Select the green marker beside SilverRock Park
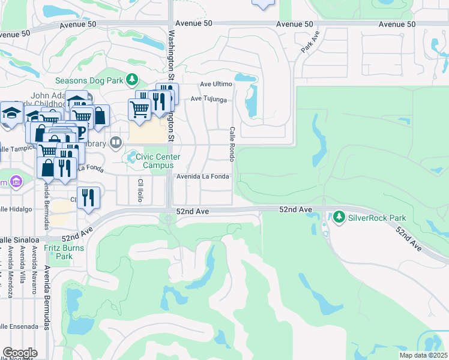point(340,216)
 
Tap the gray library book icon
point(116,143)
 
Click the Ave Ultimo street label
point(216,83)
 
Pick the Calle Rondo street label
point(231,144)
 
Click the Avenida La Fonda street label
point(202,176)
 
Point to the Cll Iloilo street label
point(140,190)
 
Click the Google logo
point(20,352)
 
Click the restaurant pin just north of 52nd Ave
point(88,197)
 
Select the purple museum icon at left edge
point(16,181)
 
